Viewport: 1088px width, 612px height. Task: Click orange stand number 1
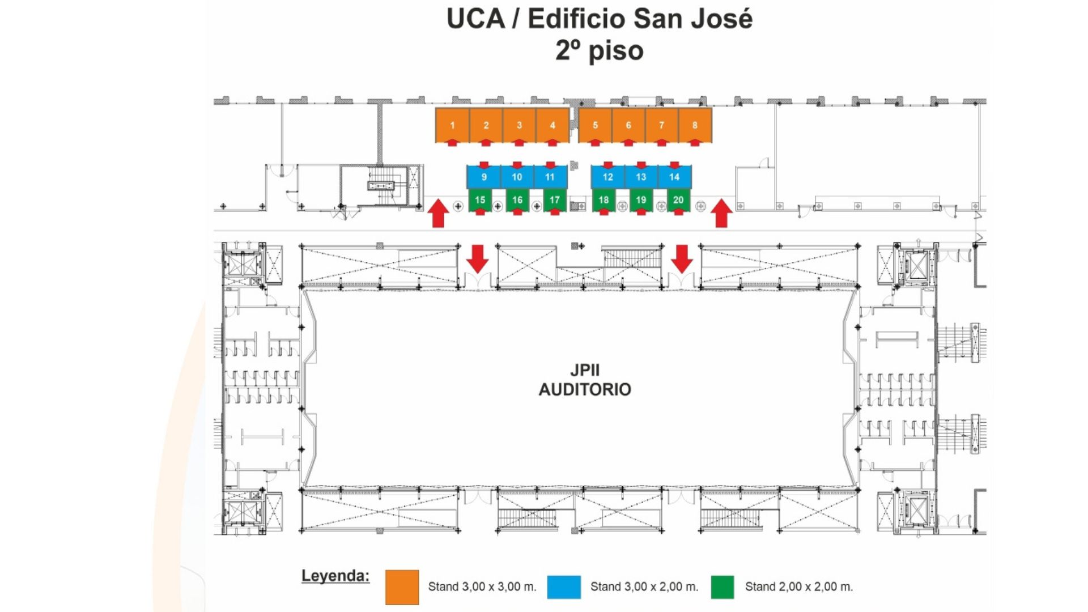[452, 125]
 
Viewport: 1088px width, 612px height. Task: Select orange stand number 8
[695, 125]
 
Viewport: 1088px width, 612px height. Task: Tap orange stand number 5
[595, 125]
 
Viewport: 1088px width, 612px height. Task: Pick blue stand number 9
[483, 177]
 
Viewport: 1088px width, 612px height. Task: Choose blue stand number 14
[674, 177]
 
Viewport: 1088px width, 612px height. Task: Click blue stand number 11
[550, 177]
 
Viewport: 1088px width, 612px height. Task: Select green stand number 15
[480, 200]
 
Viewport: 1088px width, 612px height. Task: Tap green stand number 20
[678, 200]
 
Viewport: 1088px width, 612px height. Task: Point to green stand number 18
[603, 200]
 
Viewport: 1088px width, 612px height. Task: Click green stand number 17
[554, 200]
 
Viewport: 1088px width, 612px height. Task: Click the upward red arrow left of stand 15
[438, 214]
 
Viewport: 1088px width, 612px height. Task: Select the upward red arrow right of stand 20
[721, 214]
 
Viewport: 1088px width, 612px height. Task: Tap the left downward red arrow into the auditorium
[477, 258]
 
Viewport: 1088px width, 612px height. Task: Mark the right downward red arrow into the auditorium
[682, 258]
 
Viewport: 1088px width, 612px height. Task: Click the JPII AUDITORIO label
[585, 380]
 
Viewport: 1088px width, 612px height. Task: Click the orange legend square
[402, 587]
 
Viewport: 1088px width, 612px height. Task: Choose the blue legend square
[564, 587]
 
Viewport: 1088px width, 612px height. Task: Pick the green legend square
[722, 587]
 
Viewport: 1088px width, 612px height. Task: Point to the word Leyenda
[335, 576]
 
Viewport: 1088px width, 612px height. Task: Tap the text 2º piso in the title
[599, 50]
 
